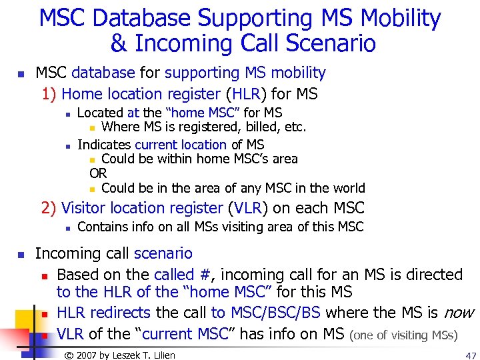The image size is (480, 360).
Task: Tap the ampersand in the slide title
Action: tap(118, 44)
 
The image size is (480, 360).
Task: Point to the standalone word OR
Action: tap(98, 173)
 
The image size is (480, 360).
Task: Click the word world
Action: tap(349, 188)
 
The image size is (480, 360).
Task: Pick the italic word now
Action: tap(459, 312)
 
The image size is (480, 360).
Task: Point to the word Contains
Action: tap(101, 227)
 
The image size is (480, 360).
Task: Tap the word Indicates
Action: tap(104, 145)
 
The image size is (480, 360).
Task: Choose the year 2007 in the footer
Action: tap(88, 355)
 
